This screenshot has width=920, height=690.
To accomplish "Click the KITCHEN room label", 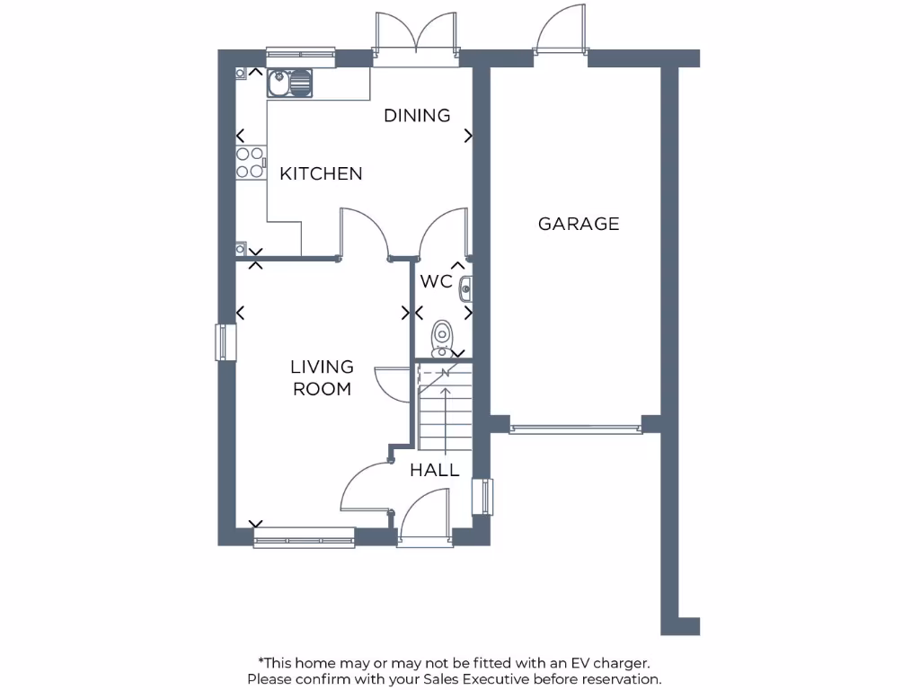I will (321, 173).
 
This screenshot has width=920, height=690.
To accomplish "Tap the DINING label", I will (417, 115).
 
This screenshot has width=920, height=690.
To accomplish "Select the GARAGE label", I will (579, 224).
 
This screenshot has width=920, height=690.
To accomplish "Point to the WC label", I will (436, 281).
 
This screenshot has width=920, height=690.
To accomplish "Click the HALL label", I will (435, 470).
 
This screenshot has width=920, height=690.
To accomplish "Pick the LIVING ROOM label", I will (322, 377).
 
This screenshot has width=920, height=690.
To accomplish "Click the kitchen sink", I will (289, 84).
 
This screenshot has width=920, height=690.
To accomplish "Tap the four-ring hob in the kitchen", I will (250, 161).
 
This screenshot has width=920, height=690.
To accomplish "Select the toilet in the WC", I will (442, 337).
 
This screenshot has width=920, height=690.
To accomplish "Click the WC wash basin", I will (465, 289).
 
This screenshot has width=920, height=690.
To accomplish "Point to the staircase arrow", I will (446, 413).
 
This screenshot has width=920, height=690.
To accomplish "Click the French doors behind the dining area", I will (416, 40).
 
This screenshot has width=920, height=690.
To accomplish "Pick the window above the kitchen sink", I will (300, 56).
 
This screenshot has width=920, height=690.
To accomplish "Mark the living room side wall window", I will (225, 341).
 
